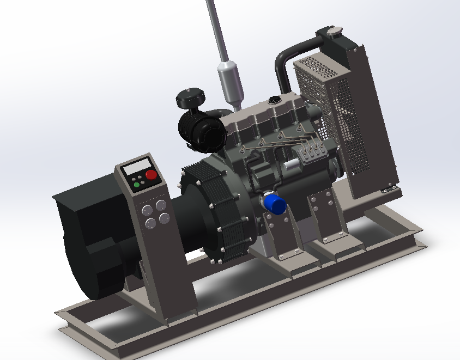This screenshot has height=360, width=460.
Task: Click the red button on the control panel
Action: [151, 175]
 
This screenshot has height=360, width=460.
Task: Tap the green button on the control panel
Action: [136, 185]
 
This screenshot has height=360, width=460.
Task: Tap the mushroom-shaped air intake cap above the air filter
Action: [190, 99]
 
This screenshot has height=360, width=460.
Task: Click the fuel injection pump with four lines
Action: [314, 152]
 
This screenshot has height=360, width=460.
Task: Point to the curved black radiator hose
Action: [286, 60]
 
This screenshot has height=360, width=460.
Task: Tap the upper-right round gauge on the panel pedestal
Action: [161, 205]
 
